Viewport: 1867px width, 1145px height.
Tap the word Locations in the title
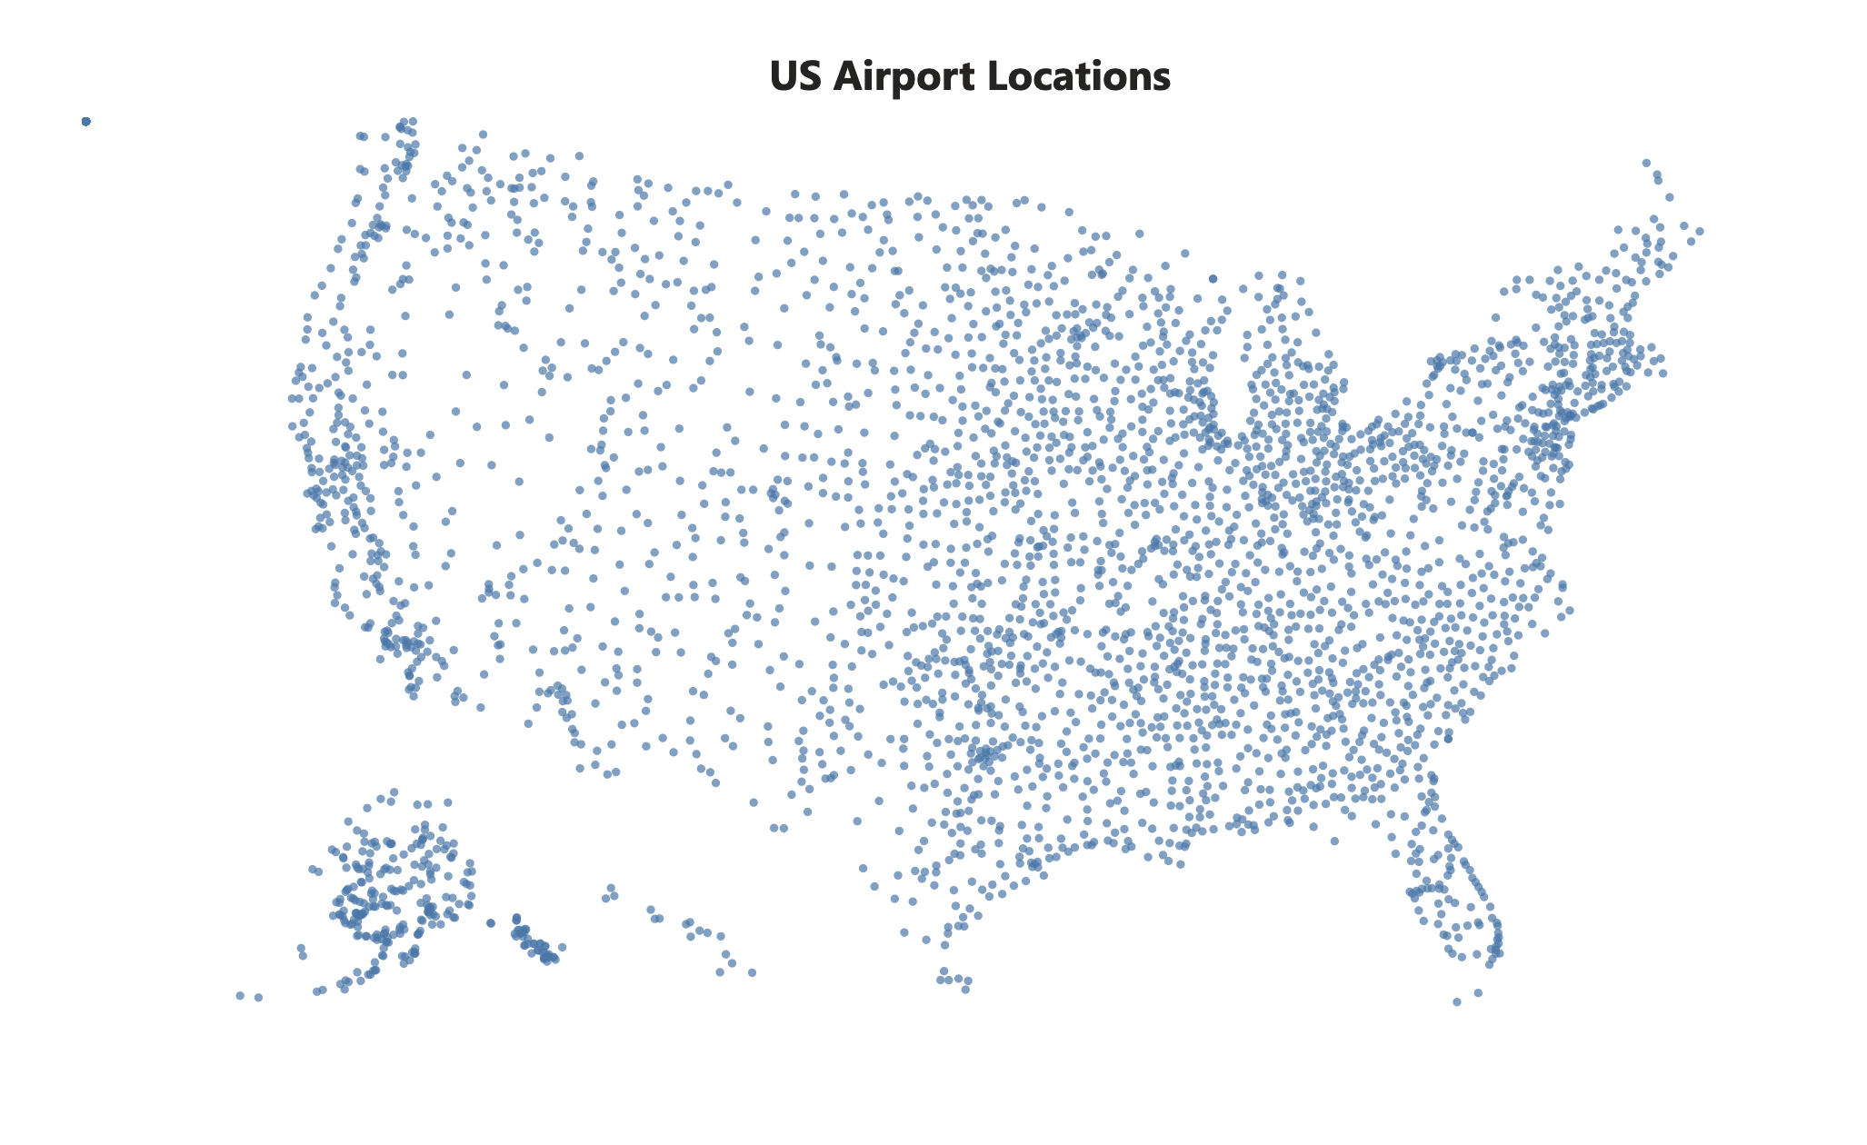pyautogui.click(x=1079, y=76)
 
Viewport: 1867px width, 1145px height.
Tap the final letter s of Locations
pyautogui.click(x=1163, y=80)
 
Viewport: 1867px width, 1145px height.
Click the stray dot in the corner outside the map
pyautogui.click(x=86, y=122)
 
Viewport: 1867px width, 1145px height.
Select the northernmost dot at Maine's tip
pyautogui.click(x=1646, y=164)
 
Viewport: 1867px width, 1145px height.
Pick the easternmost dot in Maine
pyautogui.click(x=1699, y=232)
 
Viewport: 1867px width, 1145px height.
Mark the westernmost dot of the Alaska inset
pyautogui.click(x=240, y=996)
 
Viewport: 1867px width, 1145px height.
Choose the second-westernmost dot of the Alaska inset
pyautogui.click(x=258, y=998)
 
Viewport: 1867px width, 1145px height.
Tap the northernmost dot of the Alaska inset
pyautogui.click(x=394, y=792)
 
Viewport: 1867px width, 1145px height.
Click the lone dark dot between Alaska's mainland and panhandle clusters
pyautogui.click(x=491, y=923)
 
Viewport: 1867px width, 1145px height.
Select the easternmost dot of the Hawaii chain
pyautogui.click(x=752, y=972)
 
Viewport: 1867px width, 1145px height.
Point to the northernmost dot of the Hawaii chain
pyautogui.click(x=611, y=888)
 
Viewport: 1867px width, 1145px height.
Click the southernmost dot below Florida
pyautogui.click(x=1457, y=1002)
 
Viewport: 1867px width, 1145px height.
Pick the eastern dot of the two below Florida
pyautogui.click(x=1478, y=992)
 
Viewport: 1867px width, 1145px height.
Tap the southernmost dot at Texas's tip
pyautogui.click(x=965, y=990)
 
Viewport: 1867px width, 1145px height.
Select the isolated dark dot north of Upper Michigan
pyautogui.click(x=1213, y=279)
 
